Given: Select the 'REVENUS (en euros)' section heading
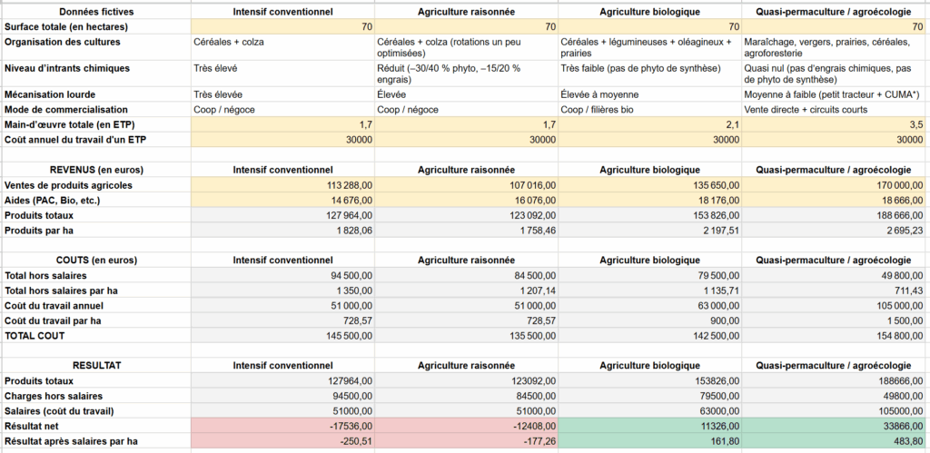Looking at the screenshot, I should pos(95,170).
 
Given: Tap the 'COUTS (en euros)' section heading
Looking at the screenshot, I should pos(95,260).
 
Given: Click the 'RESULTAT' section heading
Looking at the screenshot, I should pos(95,365).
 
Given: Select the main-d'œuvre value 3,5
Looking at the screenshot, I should pos(915,123).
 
